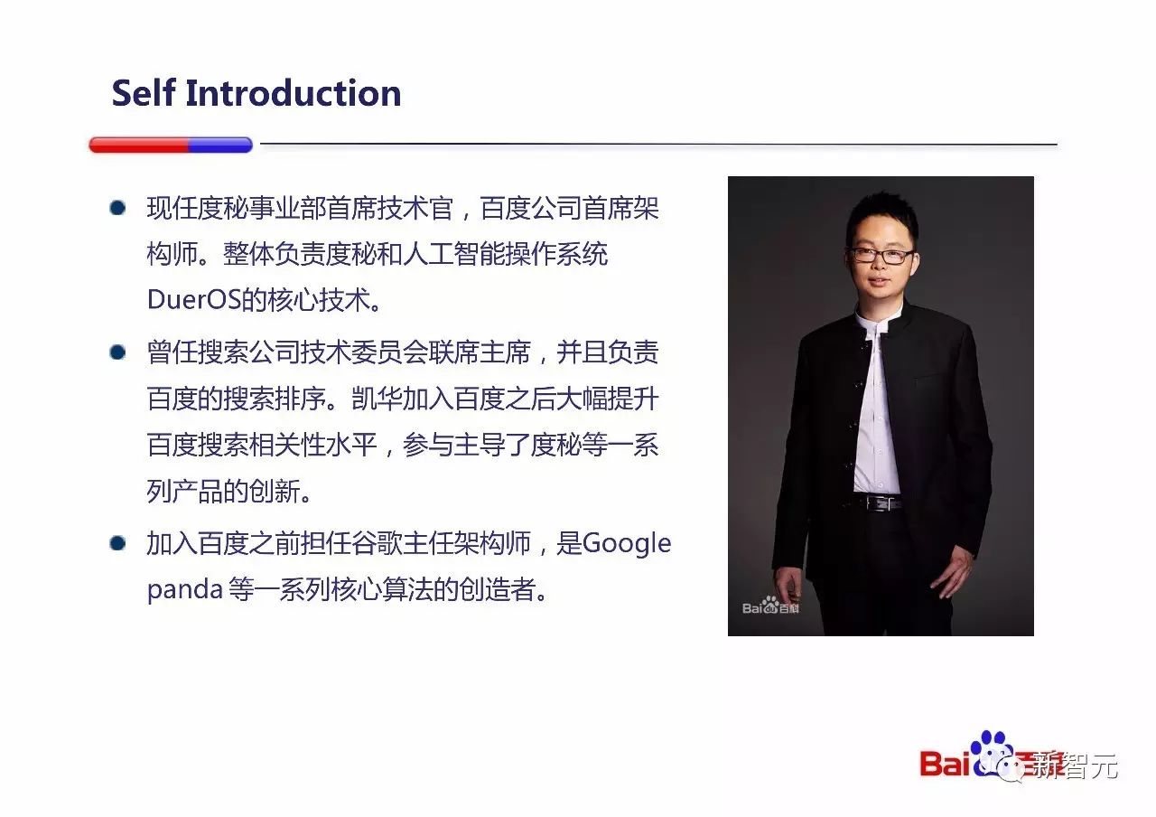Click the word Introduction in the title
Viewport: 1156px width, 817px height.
click(x=294, y=93)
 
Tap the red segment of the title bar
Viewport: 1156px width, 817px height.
click(x=139, y=146)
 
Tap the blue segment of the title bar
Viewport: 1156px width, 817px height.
click(x=220, y=146)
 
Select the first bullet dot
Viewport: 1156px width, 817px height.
click(x=117, y=208)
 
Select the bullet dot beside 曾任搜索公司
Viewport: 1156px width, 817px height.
click(x=117, y=352)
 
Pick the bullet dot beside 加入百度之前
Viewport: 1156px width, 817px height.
click(x=117, y=543)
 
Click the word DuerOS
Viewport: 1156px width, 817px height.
click(x=194, y=299)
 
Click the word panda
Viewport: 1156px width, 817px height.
click(x=185, y=590)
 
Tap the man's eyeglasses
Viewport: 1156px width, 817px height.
click(x=881, y=255)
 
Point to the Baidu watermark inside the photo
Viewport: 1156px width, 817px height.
click(x=770, y=606)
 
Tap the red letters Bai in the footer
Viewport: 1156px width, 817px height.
click(x=945, y=764)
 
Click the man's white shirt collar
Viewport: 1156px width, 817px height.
click(x=876, y=320)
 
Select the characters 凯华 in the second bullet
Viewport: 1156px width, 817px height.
click(x=377, y=399)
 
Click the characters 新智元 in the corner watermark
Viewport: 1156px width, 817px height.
click(x=1077, y=766)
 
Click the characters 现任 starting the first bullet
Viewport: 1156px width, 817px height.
click(x=172, y=208)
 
